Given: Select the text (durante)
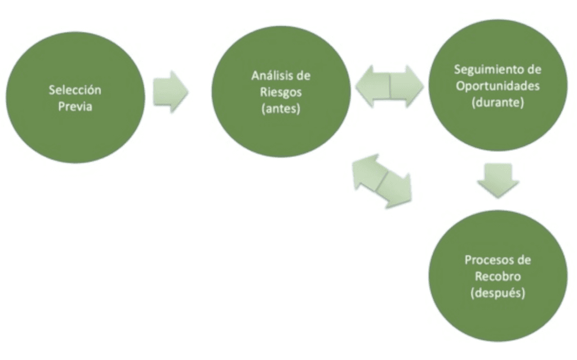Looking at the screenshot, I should point(498,104).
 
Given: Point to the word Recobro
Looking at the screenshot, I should point(498,278).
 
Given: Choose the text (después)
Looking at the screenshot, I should point(498,294).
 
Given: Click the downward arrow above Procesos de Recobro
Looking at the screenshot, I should point(497,180).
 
